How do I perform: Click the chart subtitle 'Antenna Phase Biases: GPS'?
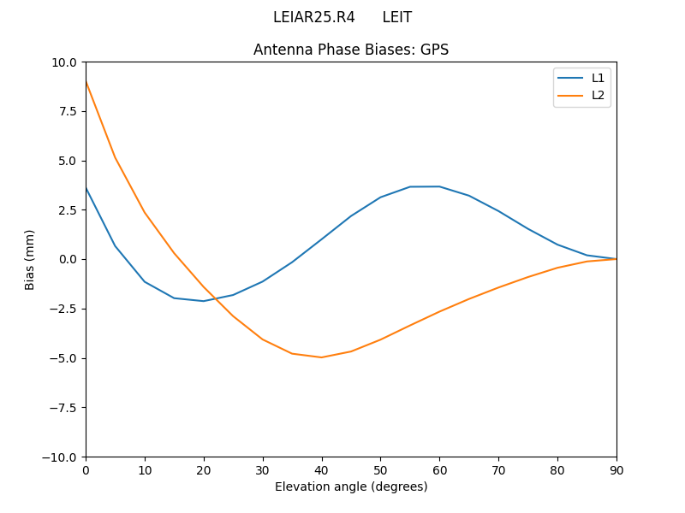click(x=351, y=50)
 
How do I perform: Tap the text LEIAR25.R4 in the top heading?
click(x=313, y=17)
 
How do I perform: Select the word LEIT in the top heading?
click(x=397, y=17)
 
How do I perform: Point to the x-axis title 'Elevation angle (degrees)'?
click(x=351, y=486)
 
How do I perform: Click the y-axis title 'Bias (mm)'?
click(x=30, y=259)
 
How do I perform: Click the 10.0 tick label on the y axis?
click(x=63, y=62)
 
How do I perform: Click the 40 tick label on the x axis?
click(x=322, y=469)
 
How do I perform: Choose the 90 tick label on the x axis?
click(x=616, y=469)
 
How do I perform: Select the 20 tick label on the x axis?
click(x=204, y=469)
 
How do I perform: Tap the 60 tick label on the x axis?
click(x=439, y=469)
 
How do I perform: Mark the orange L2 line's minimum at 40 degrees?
click(x=322, y=357)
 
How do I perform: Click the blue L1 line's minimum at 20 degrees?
click(x=204, y=301)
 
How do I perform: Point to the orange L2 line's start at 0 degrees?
click(x=86, y=81)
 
